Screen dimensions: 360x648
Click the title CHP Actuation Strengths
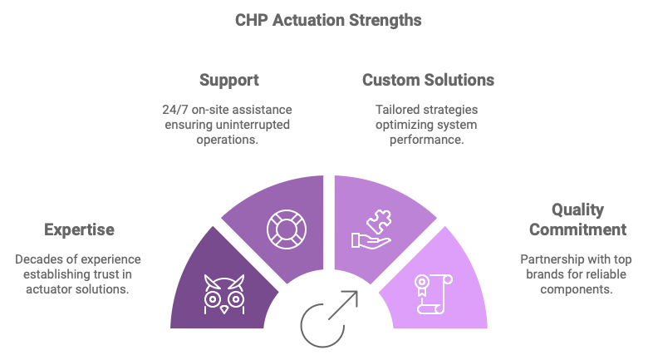tap(324, 18)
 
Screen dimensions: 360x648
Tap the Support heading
tap(228, 81)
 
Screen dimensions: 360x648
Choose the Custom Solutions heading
tap(428, 81)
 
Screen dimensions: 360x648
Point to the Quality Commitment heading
tap(577, 219)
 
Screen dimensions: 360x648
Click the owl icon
tap(224, 293)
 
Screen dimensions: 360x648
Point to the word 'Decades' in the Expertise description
tap(39, 259)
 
